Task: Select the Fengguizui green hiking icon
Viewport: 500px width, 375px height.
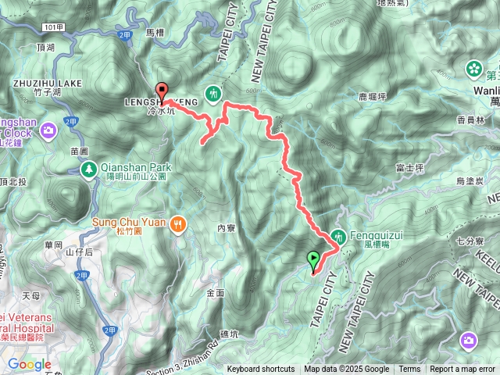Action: [338, 234]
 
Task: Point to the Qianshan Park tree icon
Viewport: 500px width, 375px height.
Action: [90, 168]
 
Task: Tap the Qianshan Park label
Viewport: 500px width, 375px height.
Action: [134, 166]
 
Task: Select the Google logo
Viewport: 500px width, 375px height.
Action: [30, 363]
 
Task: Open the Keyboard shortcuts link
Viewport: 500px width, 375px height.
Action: [261, 370]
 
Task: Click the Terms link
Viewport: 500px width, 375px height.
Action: [409, 370]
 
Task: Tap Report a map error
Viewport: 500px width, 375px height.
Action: [462, 370]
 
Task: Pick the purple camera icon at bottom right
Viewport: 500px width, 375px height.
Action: [469, 340]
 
